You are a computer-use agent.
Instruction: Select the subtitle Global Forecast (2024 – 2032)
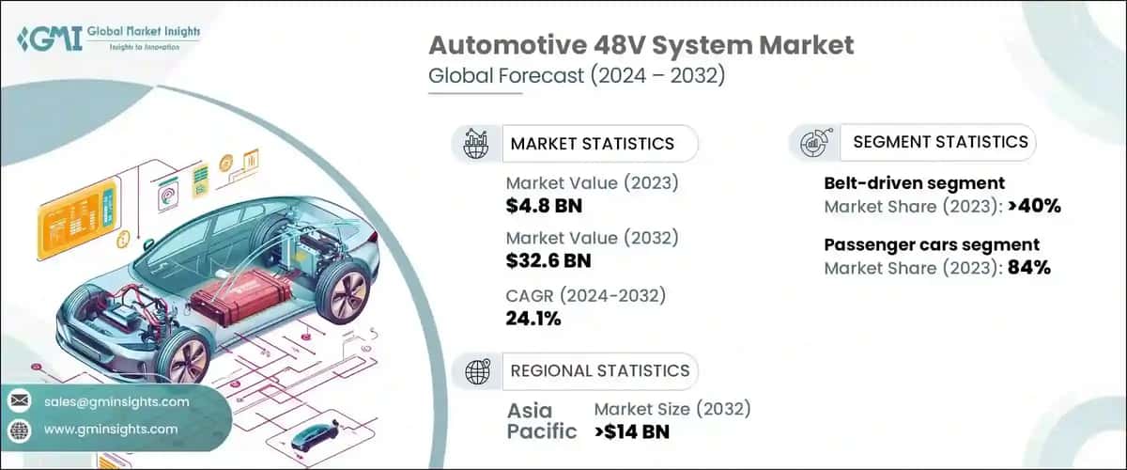577,77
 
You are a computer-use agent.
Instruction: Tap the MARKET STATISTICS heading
592,144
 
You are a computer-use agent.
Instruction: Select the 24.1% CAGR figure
533,319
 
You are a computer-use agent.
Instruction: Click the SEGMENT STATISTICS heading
940,142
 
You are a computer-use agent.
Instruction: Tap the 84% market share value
1029,267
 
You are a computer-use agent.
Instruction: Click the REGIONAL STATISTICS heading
599,370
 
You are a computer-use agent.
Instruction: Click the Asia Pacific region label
544,421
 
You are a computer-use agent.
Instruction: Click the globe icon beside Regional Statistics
478,370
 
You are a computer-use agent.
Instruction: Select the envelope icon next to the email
19,401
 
